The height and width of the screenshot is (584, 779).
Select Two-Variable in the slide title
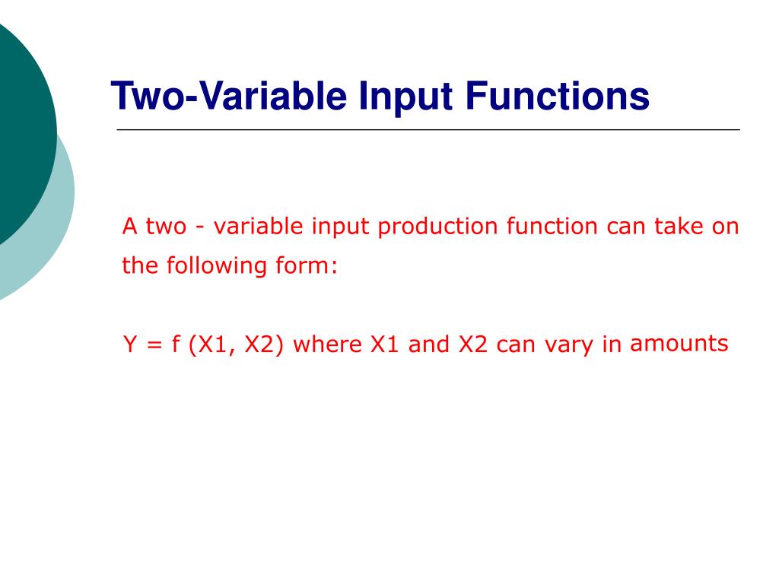click(x=227, y=97)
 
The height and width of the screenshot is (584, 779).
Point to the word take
click(x=679, y=227)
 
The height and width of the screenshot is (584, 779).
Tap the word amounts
click(x=679, y=344)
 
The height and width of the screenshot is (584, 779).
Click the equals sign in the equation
click(x=154, y=346)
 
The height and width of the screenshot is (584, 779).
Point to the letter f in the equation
click(x=175, y=345)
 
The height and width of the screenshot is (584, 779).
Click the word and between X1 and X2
click(x=430, y=345)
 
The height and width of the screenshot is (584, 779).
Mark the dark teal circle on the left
click(x=19, y=129)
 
